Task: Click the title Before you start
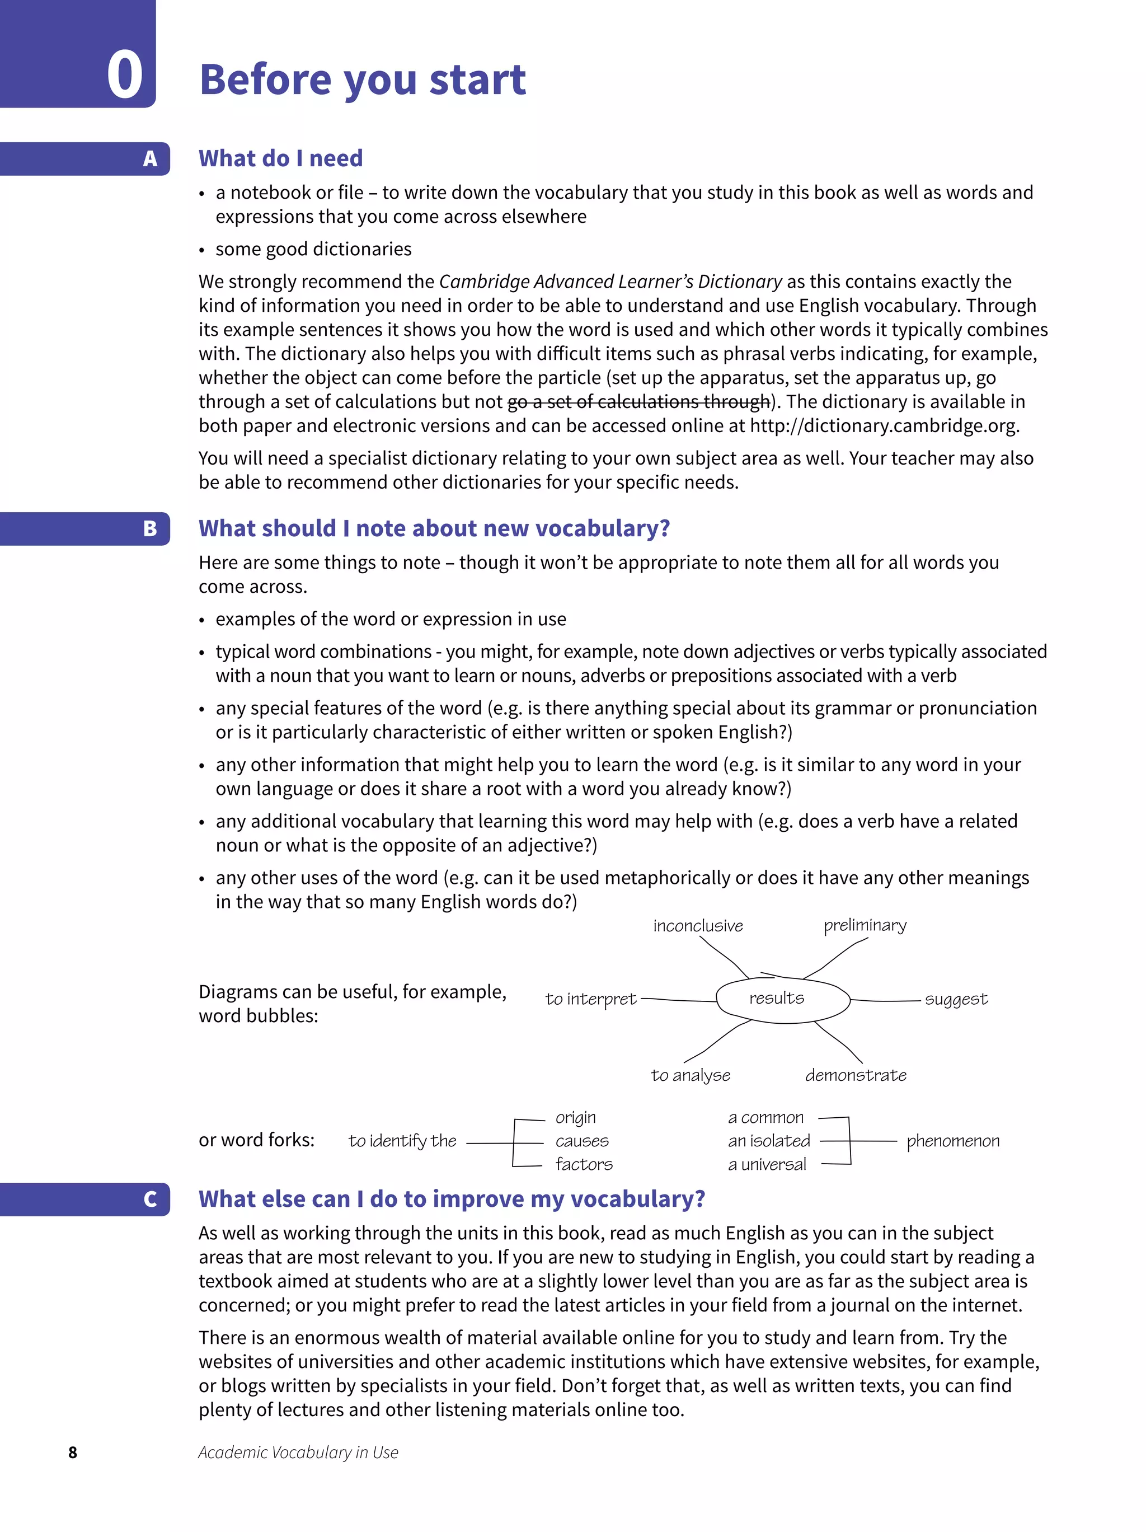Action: pyautogui.click(x=362, y=79)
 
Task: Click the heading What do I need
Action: pyautogui.click(x=280, y=158)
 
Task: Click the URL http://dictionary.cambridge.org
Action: pyautogui.click(x=884, y=425)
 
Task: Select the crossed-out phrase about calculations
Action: pyautogui.click(x=638, y=402)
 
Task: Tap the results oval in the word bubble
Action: pyautogui.click(x=782, y=999)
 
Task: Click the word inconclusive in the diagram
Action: pyautogui.click(x=697, y=926)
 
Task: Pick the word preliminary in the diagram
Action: pyautogui.click(x=864, y=925)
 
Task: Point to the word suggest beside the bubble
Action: pyautogui.click(x=956, y=999)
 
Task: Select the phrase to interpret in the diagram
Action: pyautogui.click(x=590, y=999)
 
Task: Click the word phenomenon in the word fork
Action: pyautogui.click(x=953, y=1141)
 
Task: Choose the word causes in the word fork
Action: pyautogui.click(x=581, y=1141)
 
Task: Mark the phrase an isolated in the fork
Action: pyautogui.click(x=769, y=1141)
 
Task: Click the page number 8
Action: pyautogui.click(x=73, y=1453)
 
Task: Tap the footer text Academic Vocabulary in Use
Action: pyautogui.click(x=298, y=1453)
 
